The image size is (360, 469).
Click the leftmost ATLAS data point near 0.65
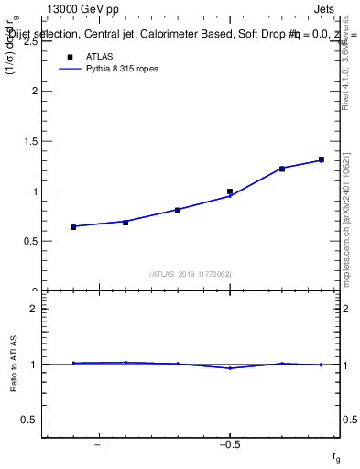pyautogui.click(x=73, y=226)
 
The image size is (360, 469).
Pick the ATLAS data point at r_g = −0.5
pyautogui.click(x=230, y=191)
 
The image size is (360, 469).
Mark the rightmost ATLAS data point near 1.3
pyautogui.click(x=322, y=159)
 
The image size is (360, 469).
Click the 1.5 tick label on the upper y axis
pyautogui.click(x=29, y=142)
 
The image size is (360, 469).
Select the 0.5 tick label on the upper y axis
pyautogui.click(x=29, y=242)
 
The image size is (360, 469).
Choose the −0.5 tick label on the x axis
pyautogui.click(x=228, y=445)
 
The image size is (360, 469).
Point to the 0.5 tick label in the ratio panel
pyautogui.click(x=29, y=420)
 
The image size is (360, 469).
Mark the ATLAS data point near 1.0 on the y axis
pyautogui.click(x=230, y=191)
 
